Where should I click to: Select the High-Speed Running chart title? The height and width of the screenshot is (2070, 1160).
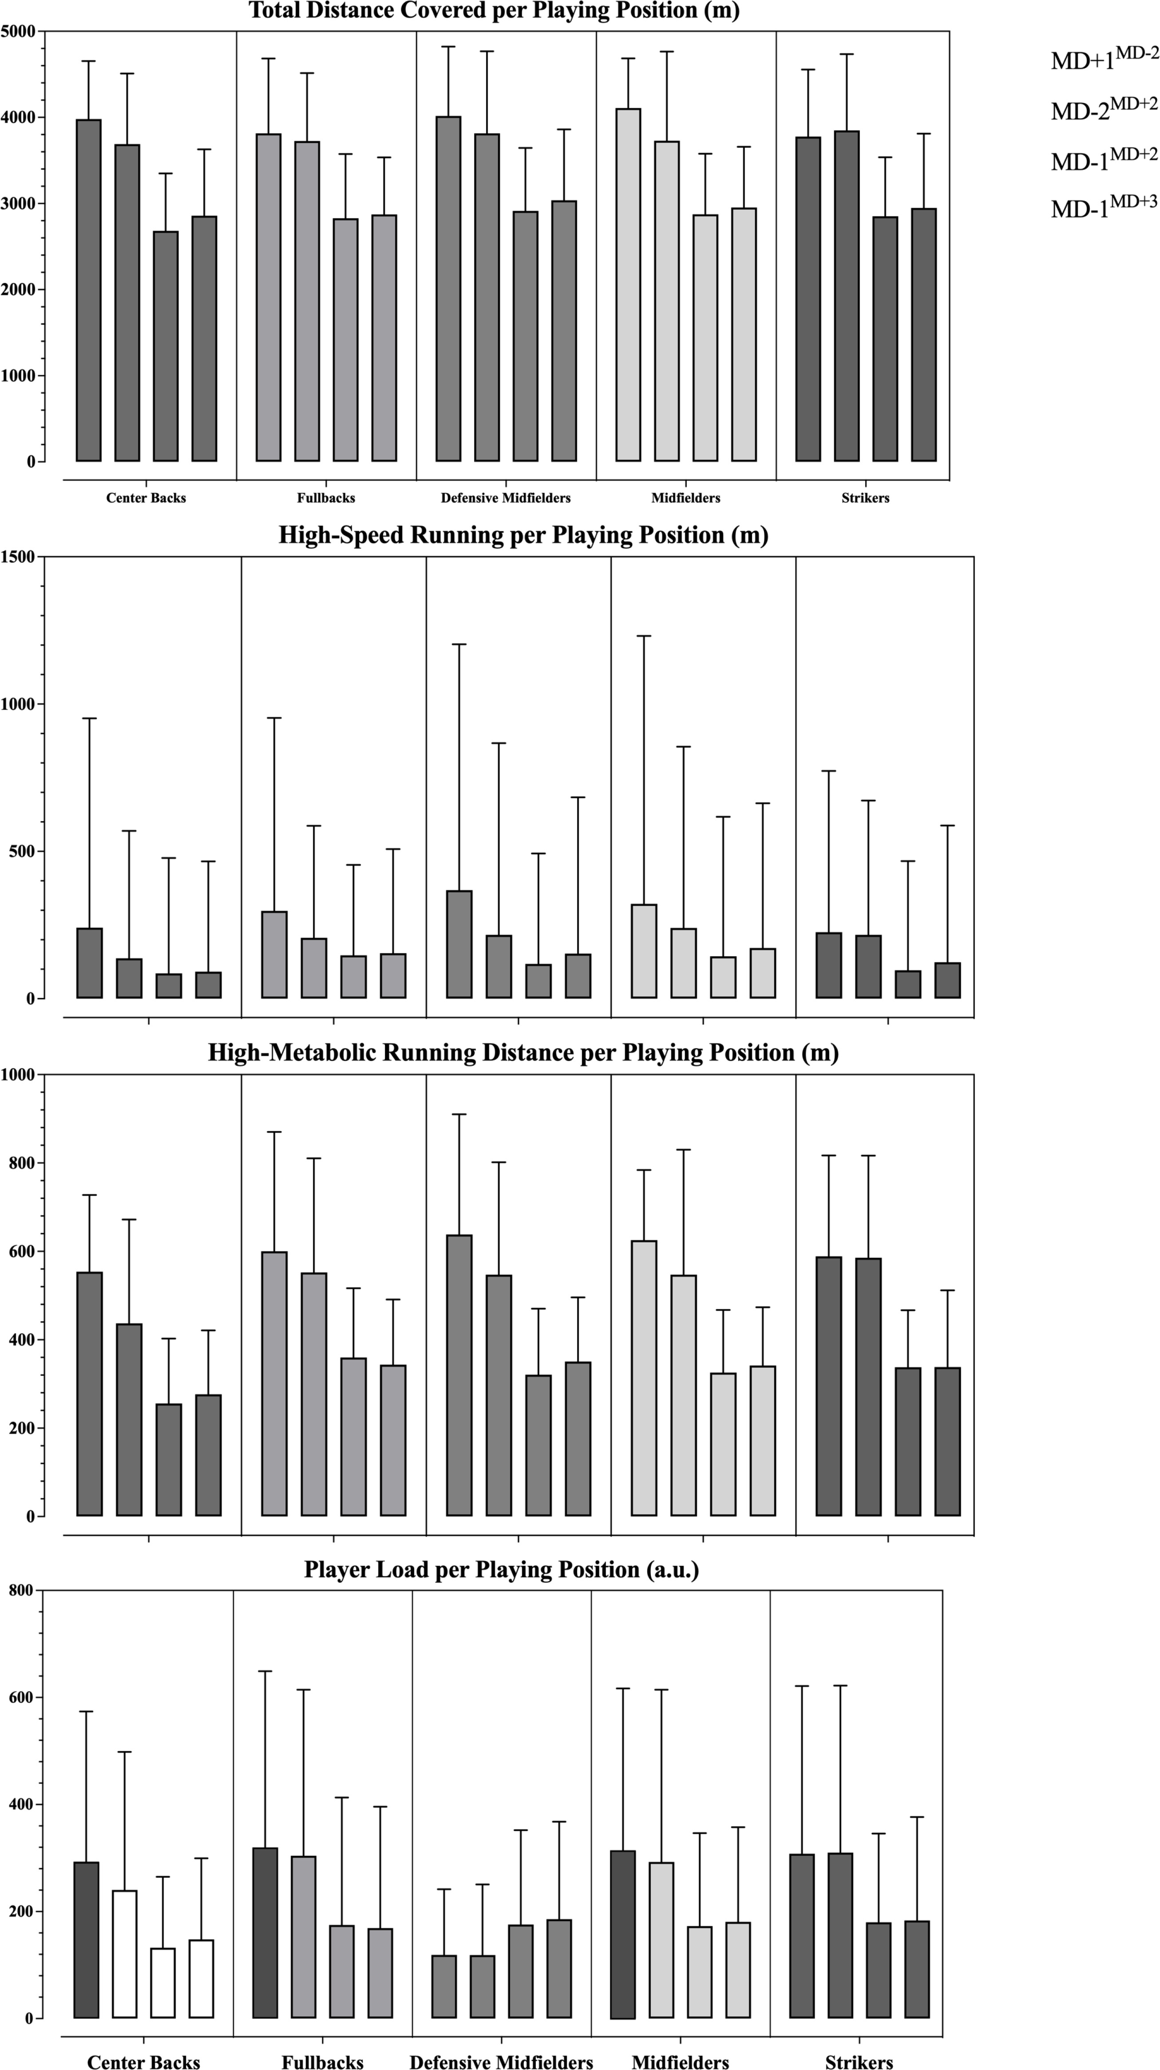523,535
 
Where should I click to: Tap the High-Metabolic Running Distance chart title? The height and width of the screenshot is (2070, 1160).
523,1053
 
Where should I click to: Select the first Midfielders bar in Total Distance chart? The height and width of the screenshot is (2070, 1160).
628,285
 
